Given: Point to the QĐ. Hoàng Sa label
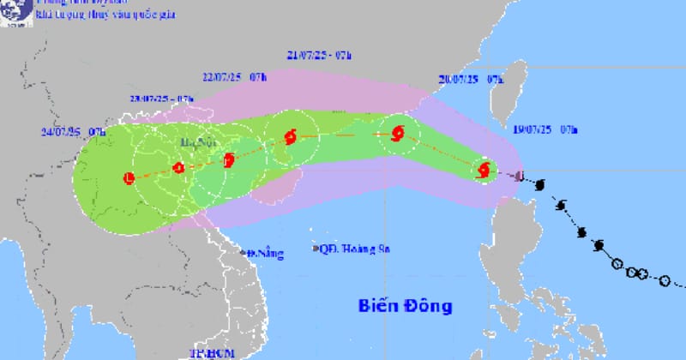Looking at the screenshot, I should coord(352,249).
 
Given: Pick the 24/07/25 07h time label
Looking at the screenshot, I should coord(72,131).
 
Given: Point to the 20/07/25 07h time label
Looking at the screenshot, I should coord(470,78).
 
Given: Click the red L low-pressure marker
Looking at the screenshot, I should coord(129,178).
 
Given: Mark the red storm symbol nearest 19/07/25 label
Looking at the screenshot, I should coord(484,170).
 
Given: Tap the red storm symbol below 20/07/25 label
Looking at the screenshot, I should coord(397,133).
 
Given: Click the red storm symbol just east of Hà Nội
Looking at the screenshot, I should coord(228,159).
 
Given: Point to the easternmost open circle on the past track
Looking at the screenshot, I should coord(665,280).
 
